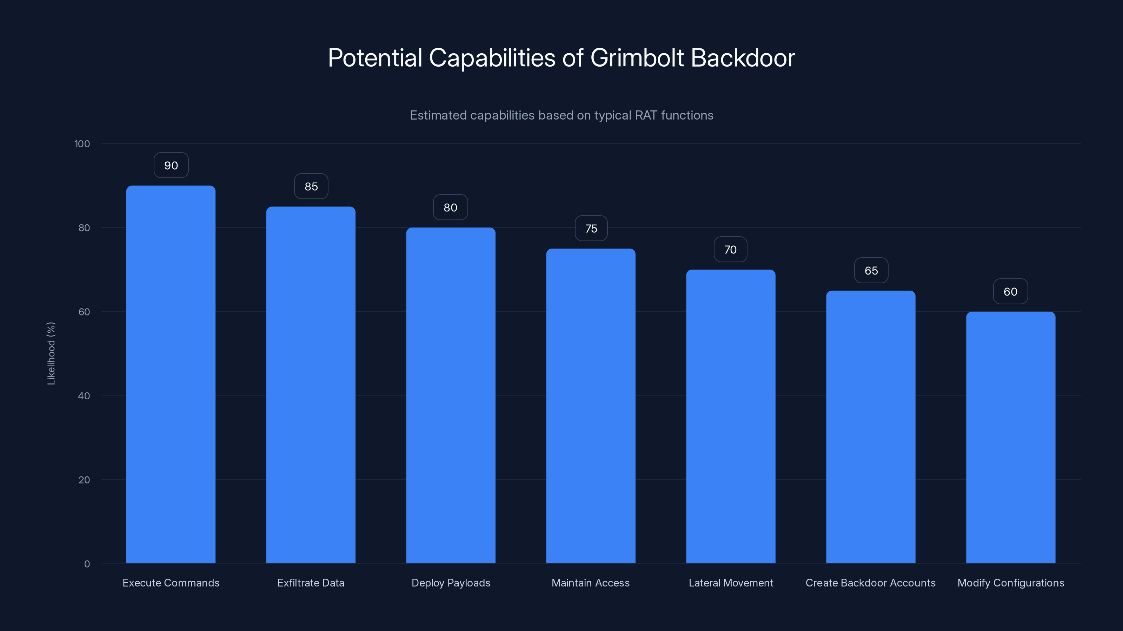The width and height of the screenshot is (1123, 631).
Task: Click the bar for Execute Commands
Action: [x=171, y=374]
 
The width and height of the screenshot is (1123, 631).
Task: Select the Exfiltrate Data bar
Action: [x=311, y=385]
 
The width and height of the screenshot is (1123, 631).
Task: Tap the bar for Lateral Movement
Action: [x=731, y=416]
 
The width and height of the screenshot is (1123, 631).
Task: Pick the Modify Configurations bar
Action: [x=1011, y=437]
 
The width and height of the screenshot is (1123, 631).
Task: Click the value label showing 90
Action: [x=171, y=165]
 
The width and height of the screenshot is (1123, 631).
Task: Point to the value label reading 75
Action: [x=591, y=229]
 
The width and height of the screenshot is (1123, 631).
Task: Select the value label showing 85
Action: [x=311, y=187]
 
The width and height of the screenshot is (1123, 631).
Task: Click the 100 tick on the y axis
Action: [x=82, y=144]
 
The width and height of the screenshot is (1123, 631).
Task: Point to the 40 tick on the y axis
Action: [x=84, y=396]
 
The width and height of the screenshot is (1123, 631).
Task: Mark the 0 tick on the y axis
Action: [x=87, y=564]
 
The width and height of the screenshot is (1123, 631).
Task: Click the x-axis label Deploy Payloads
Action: [x=451, y=583]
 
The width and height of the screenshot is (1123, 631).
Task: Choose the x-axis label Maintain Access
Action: [x=590, y=583]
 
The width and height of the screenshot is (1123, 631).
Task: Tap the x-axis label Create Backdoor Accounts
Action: [x=870, y=583]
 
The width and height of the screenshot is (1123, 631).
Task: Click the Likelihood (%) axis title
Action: [x=51, y=353]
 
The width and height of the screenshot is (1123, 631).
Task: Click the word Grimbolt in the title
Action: [x=637, y=58]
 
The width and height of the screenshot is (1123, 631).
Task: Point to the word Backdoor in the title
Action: [x=743, y=58]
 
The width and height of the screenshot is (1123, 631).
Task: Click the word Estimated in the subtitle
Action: [x=438, y=115]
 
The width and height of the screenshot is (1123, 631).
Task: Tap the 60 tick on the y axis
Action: [x=84, y=312]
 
